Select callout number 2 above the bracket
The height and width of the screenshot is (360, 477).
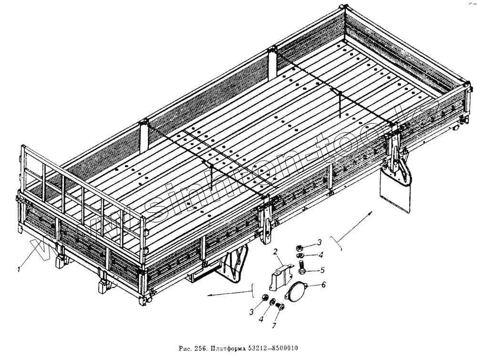[275, 252]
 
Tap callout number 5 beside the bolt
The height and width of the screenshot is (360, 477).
[322, 270]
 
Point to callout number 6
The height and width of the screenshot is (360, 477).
[323, 285]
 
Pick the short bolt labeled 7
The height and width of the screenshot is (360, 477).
[280, 307]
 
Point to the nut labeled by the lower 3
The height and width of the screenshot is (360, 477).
[263, 299]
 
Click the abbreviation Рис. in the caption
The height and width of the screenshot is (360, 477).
[183, 349]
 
